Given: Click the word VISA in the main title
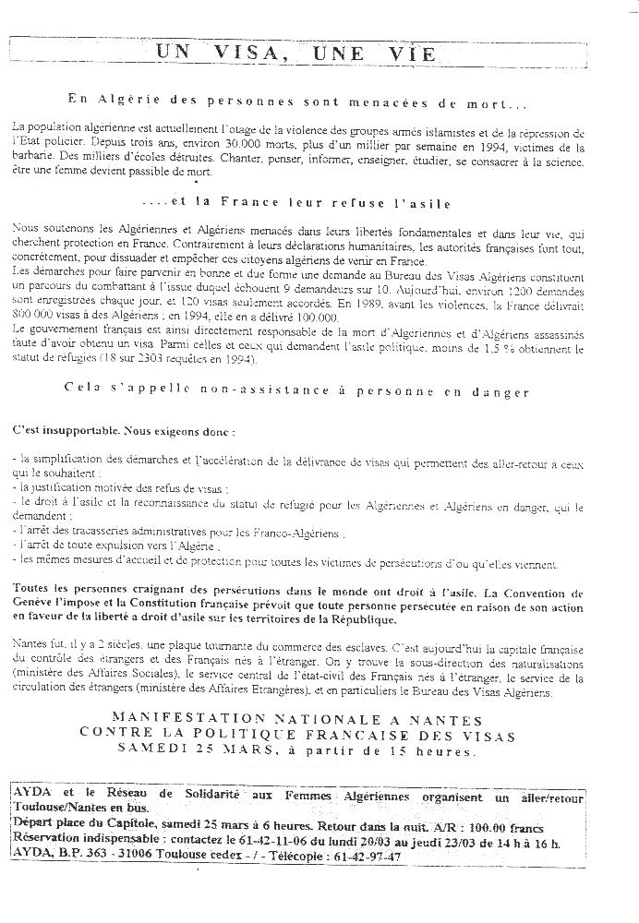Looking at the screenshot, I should (x=258, y=54).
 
